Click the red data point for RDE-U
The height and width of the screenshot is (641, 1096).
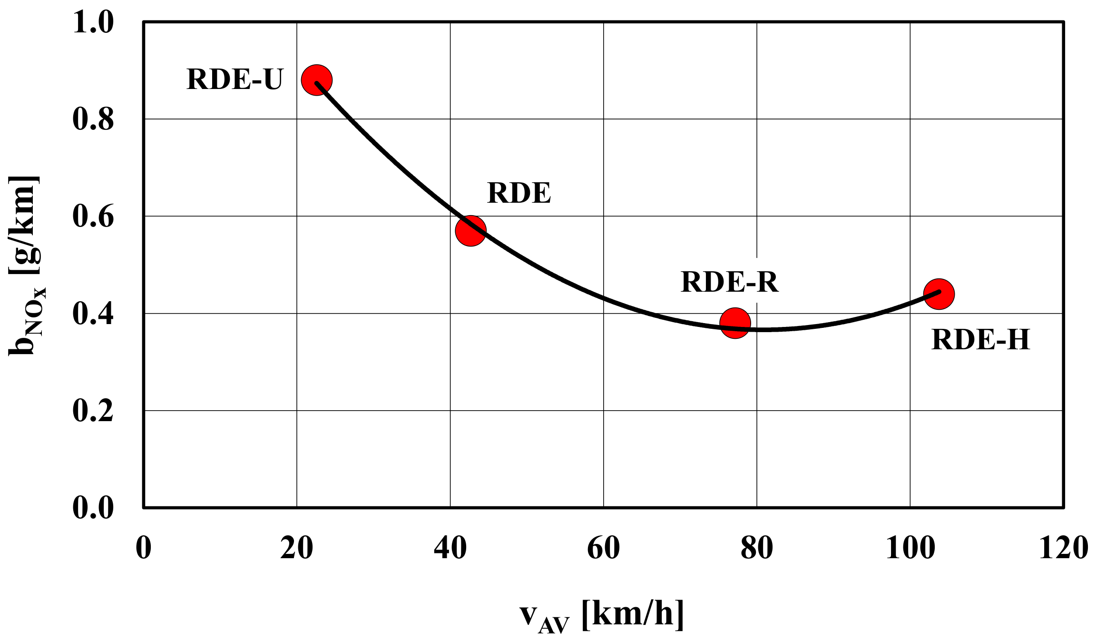click(x=316, y=79)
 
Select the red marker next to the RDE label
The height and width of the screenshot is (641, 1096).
click(x=470, y=230)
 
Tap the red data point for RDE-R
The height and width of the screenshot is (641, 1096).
click(x=735, y=323)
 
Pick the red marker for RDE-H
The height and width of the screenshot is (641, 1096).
click(x=939, y=294)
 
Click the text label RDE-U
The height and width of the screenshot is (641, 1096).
click(x=235, y=79)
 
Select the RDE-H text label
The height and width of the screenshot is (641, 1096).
click(x=980, y=339)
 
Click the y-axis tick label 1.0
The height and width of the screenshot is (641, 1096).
click(x=93, y=22)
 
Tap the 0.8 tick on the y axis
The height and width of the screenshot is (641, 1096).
click(x=93, y=119)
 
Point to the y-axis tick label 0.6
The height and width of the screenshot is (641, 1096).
click(x=93, y=216)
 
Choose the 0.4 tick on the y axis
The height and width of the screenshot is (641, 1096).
click(x=93, y=314)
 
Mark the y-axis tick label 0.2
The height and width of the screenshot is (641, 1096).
click(x=93, y=411)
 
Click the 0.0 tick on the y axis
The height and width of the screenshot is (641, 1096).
click(x=93, y=507)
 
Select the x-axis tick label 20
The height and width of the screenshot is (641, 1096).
click(x=296, y=548)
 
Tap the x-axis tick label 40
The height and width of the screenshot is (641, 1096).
click(x=450, y=548)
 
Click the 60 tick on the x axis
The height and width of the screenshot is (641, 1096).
click(x=603, y=548)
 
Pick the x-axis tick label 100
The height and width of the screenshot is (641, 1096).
click(x=910, y=548)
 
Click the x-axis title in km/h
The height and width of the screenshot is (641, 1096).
click(x=602, y=616)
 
